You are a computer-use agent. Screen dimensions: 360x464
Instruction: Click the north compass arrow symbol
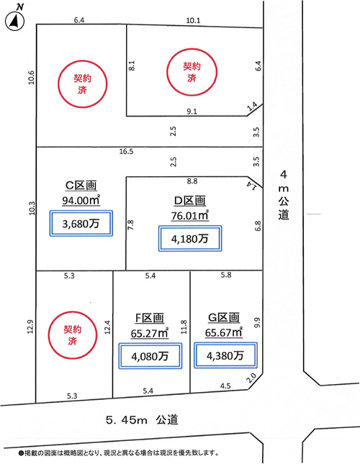coord(14,22)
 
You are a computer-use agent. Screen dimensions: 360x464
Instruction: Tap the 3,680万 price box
coord(81,224)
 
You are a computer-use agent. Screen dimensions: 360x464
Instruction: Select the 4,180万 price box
coord(190,239)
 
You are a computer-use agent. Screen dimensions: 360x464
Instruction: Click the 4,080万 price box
coord(150,356)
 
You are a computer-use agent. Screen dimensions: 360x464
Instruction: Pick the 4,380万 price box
coord(225,355)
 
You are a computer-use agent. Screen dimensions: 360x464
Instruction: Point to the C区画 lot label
coord(81,186)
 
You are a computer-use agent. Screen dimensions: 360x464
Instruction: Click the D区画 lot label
coord(190,201)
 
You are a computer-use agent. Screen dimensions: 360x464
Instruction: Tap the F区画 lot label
coord(150,318)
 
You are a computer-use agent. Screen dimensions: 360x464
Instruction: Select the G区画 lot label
coord(224,317)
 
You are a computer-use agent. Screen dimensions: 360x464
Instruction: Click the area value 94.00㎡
coord(81,200)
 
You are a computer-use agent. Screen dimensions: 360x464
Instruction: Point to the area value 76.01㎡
coord(190,215)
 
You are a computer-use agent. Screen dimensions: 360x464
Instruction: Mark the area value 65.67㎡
coord(224,332)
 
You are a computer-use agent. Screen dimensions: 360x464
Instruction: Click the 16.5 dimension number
coord(127,152)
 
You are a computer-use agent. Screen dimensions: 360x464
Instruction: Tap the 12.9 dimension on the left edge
coord(30,327)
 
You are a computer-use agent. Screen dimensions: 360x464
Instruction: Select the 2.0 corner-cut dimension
coord(252,378)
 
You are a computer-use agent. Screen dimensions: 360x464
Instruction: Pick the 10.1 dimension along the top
coord(193,20)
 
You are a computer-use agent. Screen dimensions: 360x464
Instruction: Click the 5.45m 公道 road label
coord(142,419)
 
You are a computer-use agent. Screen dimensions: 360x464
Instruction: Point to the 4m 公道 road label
coord(284,195)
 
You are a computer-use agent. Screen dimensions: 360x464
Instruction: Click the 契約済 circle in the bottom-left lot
coord(73,335)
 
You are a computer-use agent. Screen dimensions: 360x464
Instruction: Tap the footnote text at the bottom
coord(119,452)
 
